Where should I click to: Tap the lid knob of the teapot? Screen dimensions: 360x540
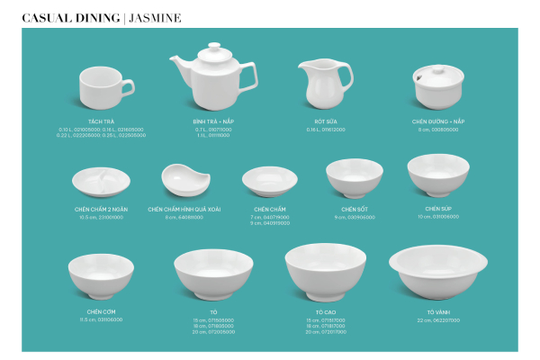click(x=213, y=47)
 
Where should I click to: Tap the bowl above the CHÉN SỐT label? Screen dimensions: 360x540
click(x=354, y=176)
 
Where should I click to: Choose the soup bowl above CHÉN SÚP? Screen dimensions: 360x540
click(x=438, y=174)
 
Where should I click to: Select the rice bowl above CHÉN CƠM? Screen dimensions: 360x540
click(x=100, y=274)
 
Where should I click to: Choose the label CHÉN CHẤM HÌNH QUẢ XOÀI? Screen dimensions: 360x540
click(x=184, y=209)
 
